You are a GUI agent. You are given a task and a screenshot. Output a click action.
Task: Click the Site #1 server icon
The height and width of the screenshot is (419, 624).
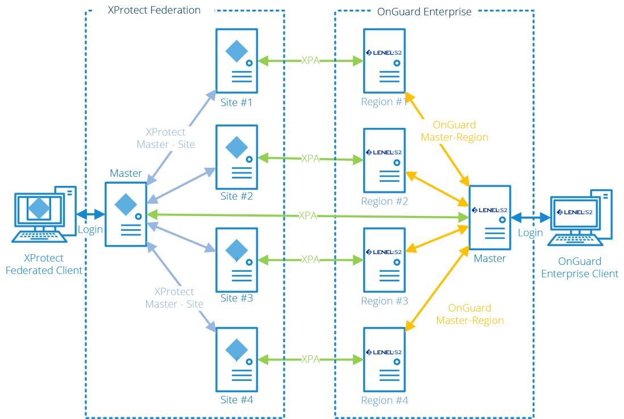[236, 61]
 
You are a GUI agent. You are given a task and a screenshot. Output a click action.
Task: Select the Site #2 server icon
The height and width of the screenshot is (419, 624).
[236, 157]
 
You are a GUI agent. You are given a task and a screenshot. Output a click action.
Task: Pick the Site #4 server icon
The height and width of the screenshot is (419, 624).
[236, 359]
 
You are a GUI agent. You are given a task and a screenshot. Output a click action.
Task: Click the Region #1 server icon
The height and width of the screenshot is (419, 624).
[384, 61]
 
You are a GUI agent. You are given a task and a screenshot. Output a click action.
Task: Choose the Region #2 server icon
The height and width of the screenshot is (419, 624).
[384, 160]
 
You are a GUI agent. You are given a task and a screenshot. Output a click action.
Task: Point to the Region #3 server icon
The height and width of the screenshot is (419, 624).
[384, 260]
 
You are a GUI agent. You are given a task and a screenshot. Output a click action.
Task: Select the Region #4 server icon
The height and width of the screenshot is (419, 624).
[384, 359]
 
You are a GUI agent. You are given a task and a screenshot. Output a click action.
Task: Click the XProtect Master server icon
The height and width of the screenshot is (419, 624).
[126, 214]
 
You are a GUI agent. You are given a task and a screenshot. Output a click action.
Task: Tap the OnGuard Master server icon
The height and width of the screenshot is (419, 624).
[489, 218]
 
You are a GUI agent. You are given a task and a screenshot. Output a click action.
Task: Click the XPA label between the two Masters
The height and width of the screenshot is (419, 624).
[307, 216]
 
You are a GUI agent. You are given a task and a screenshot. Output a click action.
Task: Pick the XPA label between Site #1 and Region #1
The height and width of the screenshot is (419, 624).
[310, 60]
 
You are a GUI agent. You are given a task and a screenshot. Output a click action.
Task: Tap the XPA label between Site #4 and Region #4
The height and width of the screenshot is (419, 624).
[310, 359]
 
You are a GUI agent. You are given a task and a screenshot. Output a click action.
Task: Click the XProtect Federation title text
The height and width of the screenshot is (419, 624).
[154, 10]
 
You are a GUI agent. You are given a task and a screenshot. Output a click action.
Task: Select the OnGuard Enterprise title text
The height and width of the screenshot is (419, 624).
[424, 11]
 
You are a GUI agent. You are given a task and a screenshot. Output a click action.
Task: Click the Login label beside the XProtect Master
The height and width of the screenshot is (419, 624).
[90, 230]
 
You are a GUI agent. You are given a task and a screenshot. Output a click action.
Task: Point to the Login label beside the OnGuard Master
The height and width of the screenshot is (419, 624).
[530, 233]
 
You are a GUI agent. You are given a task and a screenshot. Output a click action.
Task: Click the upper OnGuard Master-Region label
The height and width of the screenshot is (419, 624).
[454, 131]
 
